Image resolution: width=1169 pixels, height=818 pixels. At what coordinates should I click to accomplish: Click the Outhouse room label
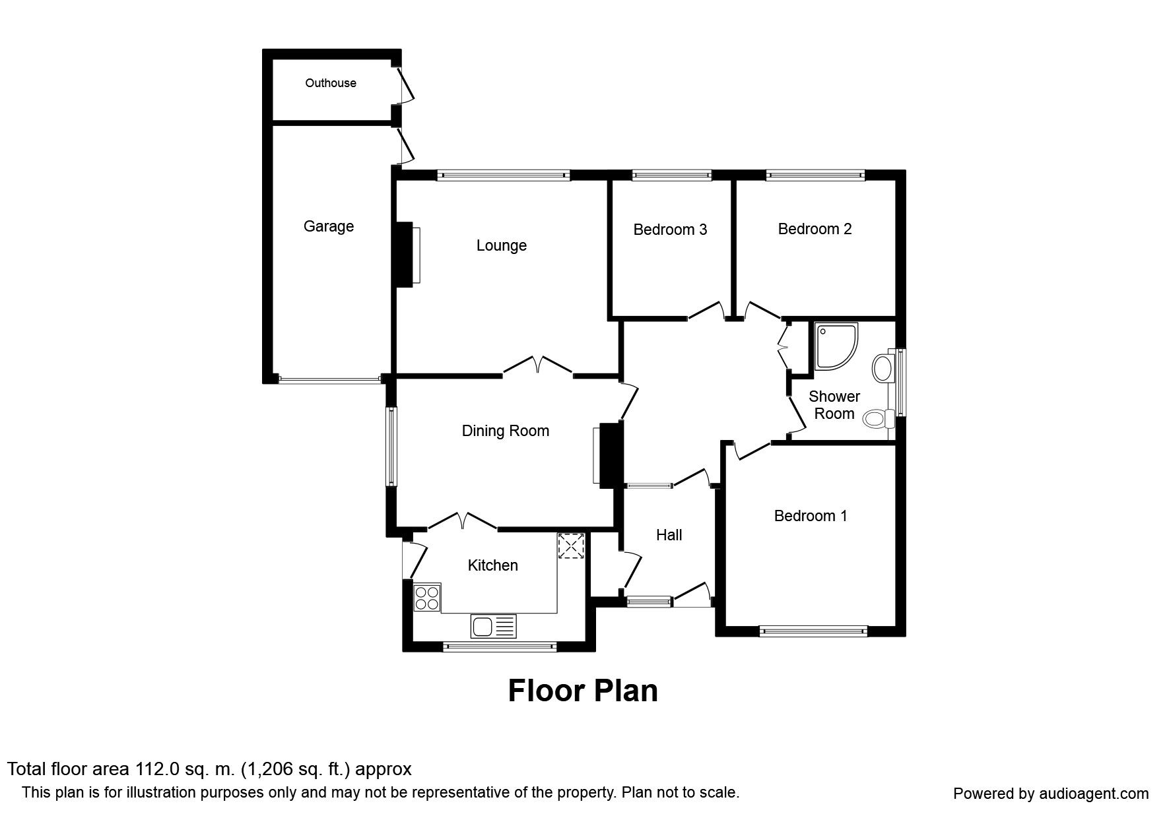[x=330, y=83]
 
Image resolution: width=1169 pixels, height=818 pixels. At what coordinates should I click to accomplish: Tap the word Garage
[x=328, y=226]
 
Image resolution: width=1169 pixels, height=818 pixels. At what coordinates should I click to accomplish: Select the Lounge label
[x=501, y=245]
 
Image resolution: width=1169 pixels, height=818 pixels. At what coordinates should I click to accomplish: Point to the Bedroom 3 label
[x=669, y=230]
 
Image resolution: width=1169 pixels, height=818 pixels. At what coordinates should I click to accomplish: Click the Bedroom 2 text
[x=814, y=229]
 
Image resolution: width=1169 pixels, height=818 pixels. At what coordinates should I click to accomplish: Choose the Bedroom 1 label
[x=810, y=516]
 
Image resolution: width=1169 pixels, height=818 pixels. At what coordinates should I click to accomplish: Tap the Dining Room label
[x=505, y=431]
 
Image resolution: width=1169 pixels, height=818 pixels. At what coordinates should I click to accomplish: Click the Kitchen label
[x=492, y=565]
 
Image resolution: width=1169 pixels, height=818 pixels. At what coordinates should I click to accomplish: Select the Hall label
[x=669, y=535]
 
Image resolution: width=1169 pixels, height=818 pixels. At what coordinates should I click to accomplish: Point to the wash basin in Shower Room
[x=883, y=368]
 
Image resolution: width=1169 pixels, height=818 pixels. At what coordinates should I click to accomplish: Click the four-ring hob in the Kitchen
[x=426, y=598]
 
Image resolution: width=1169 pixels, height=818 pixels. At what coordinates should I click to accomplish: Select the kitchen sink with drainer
[x=493, y=625]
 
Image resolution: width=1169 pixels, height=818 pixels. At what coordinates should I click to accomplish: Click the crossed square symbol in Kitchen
[x=571, y=546]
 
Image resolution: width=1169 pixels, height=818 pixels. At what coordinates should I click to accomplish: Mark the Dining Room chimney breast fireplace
[x=609, y=455]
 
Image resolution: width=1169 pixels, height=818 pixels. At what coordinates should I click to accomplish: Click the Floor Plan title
[x=583, y=691]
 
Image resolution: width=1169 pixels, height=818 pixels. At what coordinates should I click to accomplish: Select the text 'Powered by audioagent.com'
[x=1050, y=794]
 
